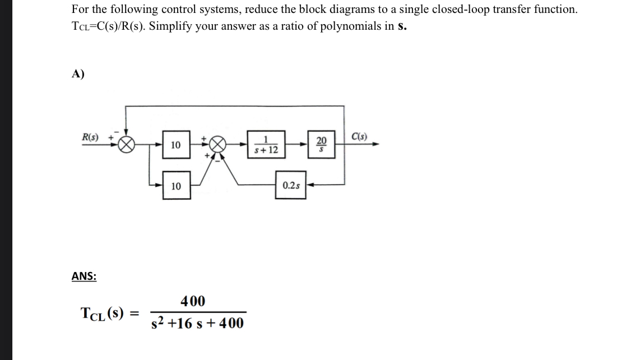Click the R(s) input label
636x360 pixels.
(89, 136)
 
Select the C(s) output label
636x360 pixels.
(359, 136)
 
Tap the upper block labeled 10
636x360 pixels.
(176, 145)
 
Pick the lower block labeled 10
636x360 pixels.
(176, 186)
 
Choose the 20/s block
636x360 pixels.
(321, 145)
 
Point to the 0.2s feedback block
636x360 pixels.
(290, 185)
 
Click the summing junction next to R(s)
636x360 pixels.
(125, 145)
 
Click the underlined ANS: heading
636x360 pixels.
(84, 276)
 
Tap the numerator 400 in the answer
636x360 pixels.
(193, 301)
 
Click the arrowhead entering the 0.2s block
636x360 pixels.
(310, 185)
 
